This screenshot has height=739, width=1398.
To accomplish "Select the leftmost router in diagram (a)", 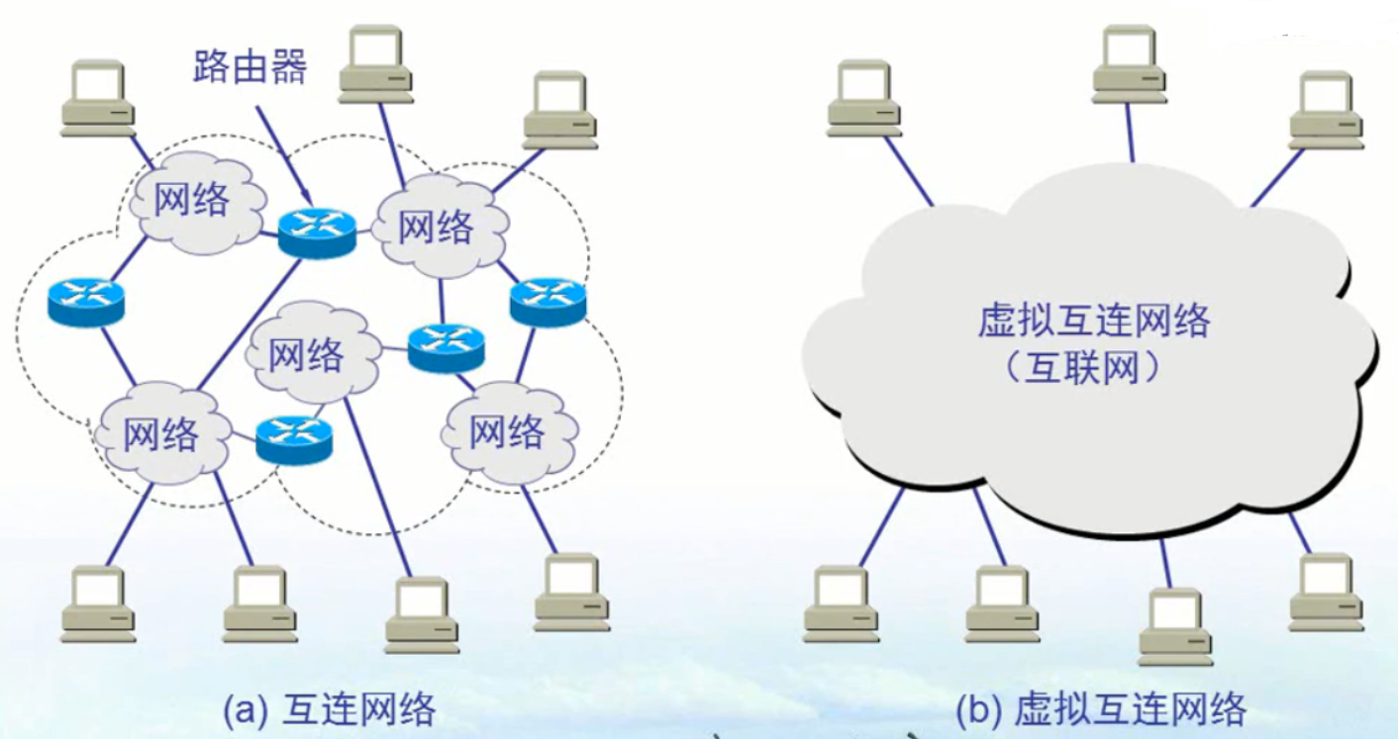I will click(86, 300).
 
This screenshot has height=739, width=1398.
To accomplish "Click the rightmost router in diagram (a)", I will click(549, 301).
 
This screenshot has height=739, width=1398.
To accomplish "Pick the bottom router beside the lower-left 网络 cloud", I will click(293, 438).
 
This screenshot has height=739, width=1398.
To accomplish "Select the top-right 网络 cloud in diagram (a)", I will click(438, 227).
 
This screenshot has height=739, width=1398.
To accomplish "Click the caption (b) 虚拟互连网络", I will click(1099, 708).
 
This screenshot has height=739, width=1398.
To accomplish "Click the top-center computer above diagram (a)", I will click(375, 63).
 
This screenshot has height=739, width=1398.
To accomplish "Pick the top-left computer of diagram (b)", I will click(864, 97).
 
